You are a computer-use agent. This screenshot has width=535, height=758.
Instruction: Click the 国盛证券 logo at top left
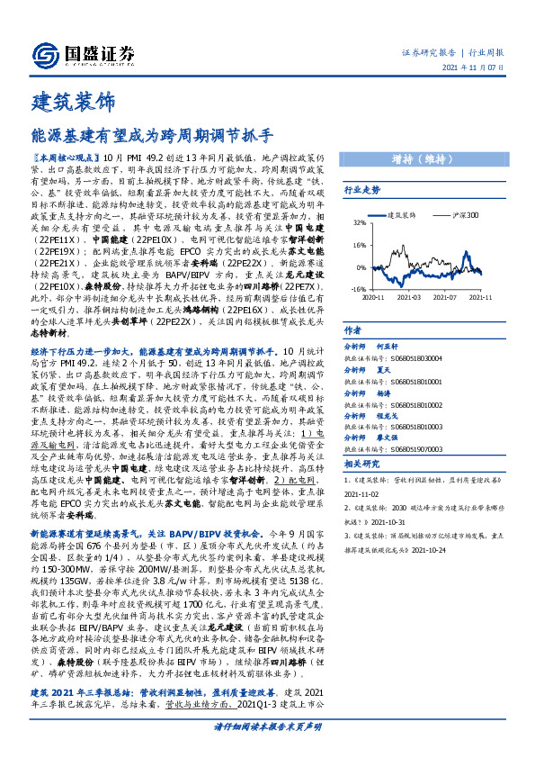(x=82, y=52)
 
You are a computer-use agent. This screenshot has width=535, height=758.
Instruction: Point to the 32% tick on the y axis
(x=358, y=221)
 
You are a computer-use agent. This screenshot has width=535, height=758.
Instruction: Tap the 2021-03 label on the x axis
(x=409, y=296)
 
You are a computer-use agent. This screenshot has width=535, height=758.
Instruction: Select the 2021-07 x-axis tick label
(x=445, y=296)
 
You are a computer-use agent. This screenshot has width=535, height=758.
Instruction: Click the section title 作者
(x=352, y=330)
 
